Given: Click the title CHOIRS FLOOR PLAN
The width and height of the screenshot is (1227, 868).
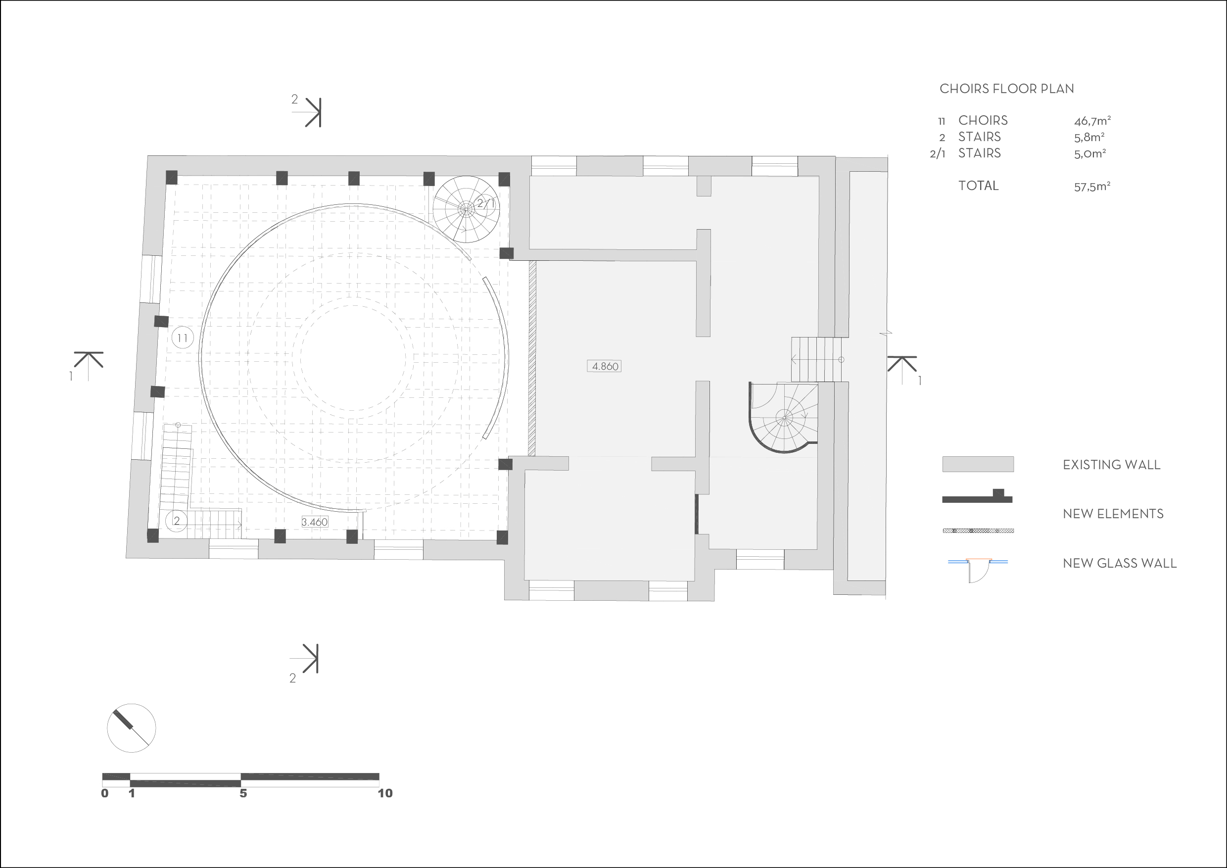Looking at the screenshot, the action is click(1007, 89).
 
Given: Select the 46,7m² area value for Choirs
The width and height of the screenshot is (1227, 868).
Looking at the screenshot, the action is click(1092, 121).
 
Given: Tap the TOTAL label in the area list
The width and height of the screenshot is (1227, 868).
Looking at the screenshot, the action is click(979, 186).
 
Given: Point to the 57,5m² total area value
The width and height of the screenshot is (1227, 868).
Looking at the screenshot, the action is click(1092, 187).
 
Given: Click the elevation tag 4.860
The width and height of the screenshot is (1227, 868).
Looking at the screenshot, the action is click(605, 366).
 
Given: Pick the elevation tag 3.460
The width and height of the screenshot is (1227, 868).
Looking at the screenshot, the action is click(314, 522).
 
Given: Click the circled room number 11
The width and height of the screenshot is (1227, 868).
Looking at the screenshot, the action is click(183, 338).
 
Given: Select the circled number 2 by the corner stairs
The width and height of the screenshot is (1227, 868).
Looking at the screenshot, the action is click(176, 521).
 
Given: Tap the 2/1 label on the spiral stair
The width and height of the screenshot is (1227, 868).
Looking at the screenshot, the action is click(486, 203).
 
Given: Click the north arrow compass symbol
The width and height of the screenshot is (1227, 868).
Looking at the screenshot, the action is click(132, 728).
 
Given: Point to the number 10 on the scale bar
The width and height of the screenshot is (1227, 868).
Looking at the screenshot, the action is click(385, 793).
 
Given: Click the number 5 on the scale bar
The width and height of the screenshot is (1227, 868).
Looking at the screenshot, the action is click(243, 793).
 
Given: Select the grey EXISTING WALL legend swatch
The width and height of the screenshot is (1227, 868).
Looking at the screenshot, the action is click(978, 464).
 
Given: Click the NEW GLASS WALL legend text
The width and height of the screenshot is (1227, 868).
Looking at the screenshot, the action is click(1120, 563).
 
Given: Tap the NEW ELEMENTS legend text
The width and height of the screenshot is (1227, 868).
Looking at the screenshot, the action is click(1113, 514).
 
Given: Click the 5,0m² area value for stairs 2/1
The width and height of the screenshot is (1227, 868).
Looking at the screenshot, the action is click(1089, 154).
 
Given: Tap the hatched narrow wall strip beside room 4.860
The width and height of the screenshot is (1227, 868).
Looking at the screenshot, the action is click(532, 358).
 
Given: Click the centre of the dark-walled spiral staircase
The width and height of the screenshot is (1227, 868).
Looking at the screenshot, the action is click(784, 418).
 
